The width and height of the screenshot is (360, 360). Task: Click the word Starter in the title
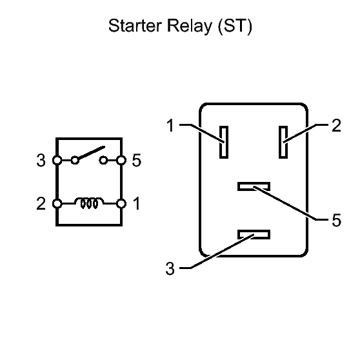click(x=135, y=26)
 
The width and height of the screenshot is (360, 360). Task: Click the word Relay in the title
click(x=190, y=26)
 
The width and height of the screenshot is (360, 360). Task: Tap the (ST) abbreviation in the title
click(x=235, y=26)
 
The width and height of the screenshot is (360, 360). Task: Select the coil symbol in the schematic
click(x=89, y=203)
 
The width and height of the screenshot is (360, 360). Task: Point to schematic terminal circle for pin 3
click(x=57, y=160)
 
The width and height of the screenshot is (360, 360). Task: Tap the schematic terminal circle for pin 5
click(x=121, y=160)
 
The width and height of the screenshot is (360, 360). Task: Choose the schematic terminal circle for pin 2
click(x=57, y=203)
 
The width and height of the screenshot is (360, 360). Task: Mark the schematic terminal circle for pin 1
click(x=121, y=203)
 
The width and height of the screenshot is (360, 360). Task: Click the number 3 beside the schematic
click(x=41, y=160)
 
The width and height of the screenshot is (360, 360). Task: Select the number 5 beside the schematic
click(x=137, y=160)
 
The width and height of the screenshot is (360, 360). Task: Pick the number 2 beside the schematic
click(x=41, y=203)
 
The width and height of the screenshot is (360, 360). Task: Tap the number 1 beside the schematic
click(x=137, y=203)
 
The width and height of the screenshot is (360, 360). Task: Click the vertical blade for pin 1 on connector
click(x=224, y=142)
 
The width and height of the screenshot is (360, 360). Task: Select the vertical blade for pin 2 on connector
click(x=283, y=142)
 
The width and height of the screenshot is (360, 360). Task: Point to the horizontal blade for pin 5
click(x=254, y=186)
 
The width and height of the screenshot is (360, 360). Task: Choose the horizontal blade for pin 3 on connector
click(x=254, y=234)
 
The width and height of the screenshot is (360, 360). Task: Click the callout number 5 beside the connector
click(x=336, y=221)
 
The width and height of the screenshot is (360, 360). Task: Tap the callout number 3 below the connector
click(x=170, y=268)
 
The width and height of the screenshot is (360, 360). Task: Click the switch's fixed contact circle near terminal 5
click(x=103, y=160)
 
